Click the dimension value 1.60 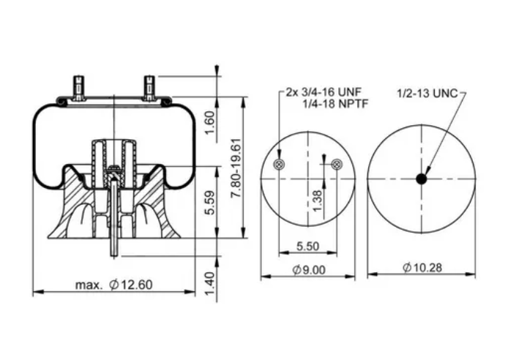(209, 122)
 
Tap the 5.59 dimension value (209, 203)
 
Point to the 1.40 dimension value (209, 282)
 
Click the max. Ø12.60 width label (114, 285)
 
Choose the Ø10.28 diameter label (421, 269)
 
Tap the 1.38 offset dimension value (317, 200)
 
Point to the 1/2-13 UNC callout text (427, 93)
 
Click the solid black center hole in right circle (421, 179)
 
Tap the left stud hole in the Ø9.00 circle (278, 165)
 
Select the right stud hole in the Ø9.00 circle (336, 165)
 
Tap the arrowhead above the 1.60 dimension (217, 72)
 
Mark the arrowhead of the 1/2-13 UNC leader (425, 172)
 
